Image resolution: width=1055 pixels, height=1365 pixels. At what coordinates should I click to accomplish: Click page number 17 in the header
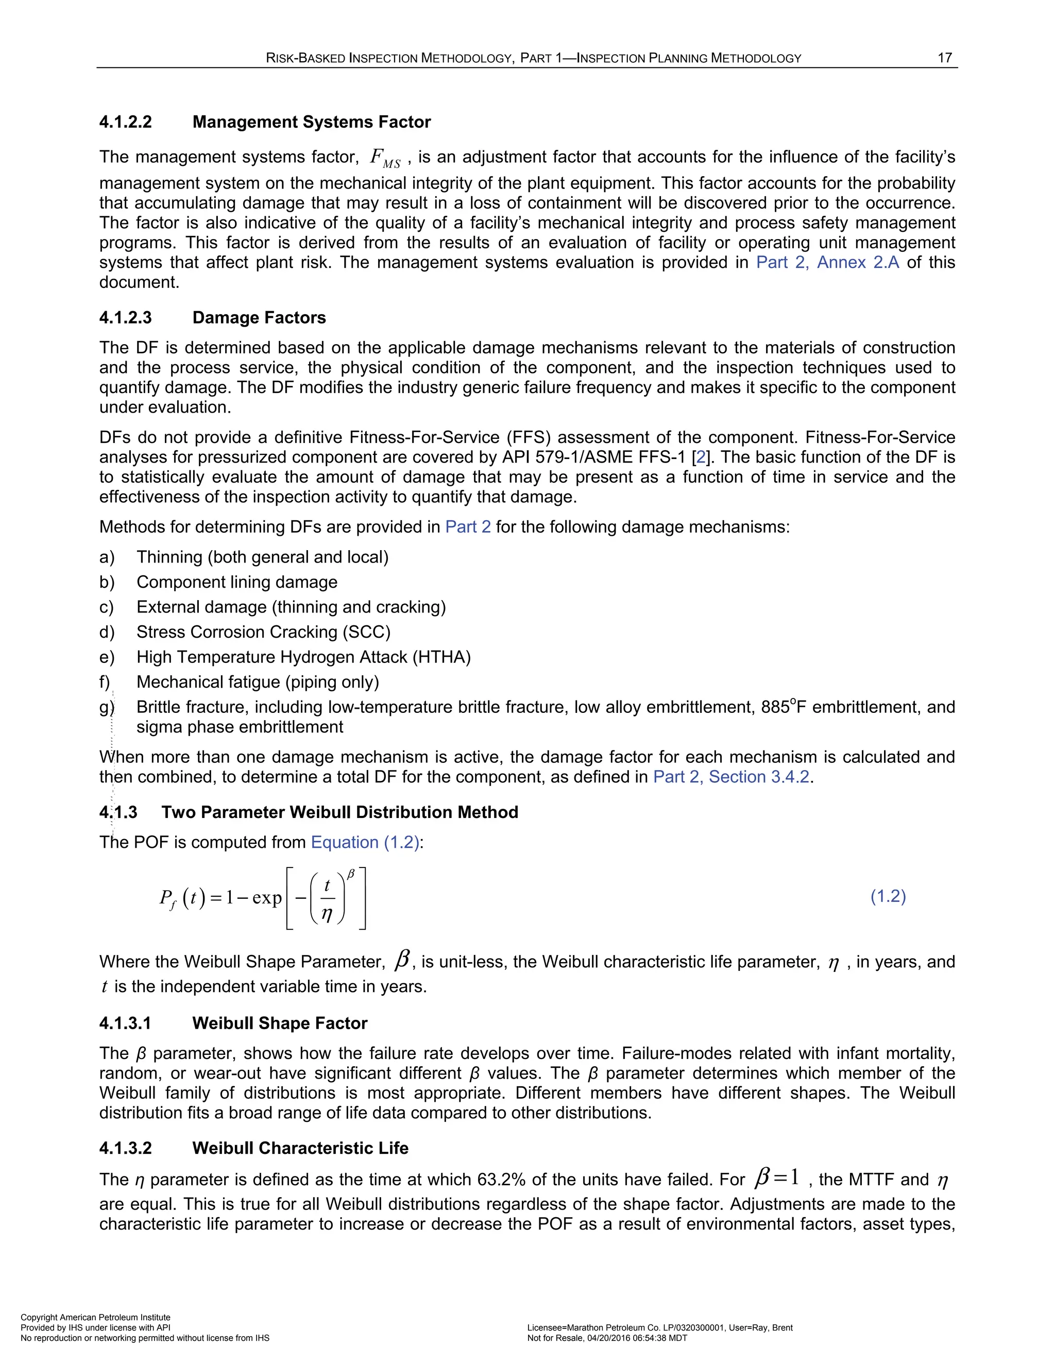[944, 58]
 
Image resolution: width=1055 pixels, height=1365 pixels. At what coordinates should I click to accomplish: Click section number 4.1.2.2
[126, 122]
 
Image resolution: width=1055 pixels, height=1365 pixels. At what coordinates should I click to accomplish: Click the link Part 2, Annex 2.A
[827, 263]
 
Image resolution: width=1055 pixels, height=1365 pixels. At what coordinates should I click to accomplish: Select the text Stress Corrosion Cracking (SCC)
[263, 632]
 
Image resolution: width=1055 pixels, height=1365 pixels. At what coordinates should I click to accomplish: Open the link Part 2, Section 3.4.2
[731, 777]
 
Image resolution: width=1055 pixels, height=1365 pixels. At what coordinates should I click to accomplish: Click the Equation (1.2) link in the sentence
[365, 843]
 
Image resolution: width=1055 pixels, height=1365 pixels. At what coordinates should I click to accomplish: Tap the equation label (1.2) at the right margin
[888, 896]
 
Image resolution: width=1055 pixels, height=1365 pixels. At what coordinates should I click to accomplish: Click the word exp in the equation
[267, 898]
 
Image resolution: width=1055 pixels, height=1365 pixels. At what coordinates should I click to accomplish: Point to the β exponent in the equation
[351, 875]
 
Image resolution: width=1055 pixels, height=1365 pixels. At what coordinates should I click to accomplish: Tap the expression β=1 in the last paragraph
[777, 1178]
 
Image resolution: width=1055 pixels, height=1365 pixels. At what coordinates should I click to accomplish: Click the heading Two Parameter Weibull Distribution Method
[339, 812]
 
